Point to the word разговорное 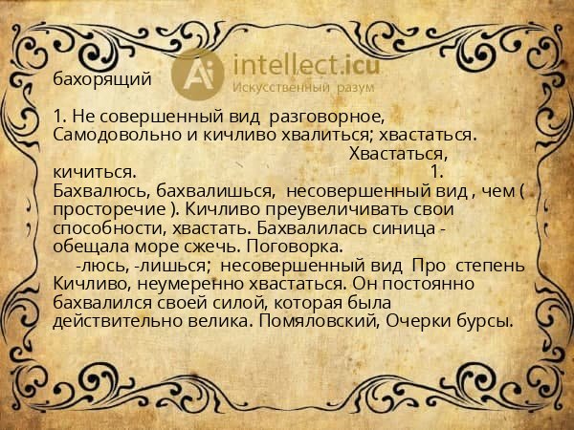pos(327,117)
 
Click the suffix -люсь pos(97,265)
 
